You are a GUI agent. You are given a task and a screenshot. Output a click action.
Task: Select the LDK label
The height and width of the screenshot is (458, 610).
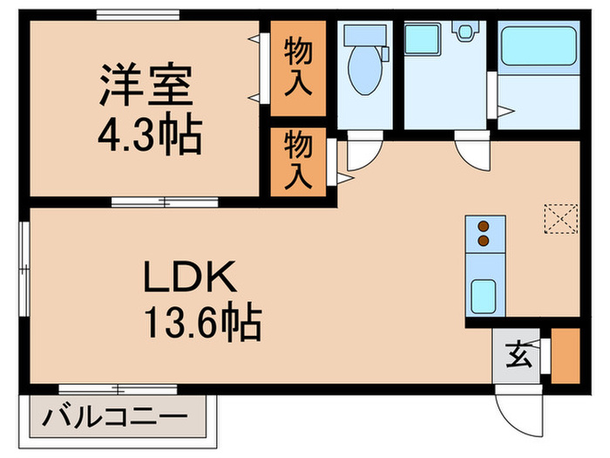coord(189,280)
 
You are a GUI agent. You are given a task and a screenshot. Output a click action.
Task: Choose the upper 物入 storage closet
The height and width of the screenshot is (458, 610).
coord(298,67)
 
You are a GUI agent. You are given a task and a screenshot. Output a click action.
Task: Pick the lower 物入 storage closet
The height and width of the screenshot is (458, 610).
coord(298,161)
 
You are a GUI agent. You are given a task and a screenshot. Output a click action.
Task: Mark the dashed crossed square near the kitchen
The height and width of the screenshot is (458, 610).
coord(560,218)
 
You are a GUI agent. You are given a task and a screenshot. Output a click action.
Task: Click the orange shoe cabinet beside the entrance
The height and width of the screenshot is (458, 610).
coord(565,355)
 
